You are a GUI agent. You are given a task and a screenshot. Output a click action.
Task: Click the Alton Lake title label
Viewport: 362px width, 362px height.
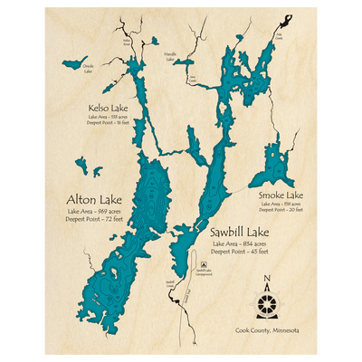(x=87, y=199)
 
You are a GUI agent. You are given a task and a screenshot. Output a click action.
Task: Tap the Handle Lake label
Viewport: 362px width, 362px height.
(x=170, y=56)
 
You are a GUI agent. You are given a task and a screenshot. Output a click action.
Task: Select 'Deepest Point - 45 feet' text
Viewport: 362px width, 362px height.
(x=238, y=252)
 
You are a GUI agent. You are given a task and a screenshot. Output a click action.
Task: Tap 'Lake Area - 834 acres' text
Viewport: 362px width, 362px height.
(x=238, y=243)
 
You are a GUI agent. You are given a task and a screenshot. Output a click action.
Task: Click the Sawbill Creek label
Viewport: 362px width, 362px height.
(x=169, y=283)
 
